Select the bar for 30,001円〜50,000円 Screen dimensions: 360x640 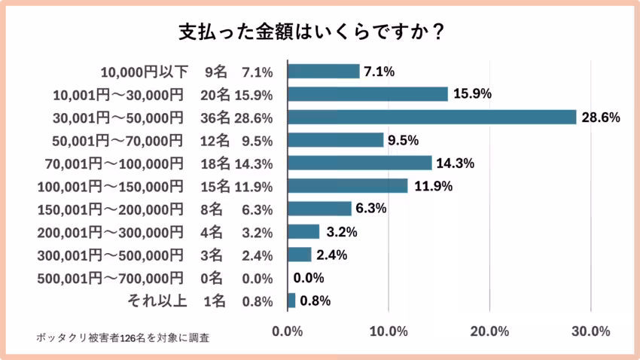(431, 117)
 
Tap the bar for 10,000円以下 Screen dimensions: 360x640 (323, 72)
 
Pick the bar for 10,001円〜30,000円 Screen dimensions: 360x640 (367, 94)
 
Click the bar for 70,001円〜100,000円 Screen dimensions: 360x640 (359, 163)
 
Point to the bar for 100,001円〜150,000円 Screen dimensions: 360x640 (347, 186)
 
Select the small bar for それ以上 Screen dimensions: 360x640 (291, 301)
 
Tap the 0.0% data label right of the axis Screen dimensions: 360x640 (308, 278)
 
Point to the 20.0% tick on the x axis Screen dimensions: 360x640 (489, 331)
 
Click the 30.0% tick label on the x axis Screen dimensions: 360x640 (590, 331)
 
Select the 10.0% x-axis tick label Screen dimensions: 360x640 (389, 331)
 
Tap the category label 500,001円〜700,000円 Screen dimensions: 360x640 (110, 278)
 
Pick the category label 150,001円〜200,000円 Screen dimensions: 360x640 (110, 209)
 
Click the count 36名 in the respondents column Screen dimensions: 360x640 (217, 117)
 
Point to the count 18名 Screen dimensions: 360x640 (217, 163)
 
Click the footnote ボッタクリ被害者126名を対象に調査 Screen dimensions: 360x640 (123, 337)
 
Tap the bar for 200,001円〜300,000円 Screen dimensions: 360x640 (303, 232)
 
